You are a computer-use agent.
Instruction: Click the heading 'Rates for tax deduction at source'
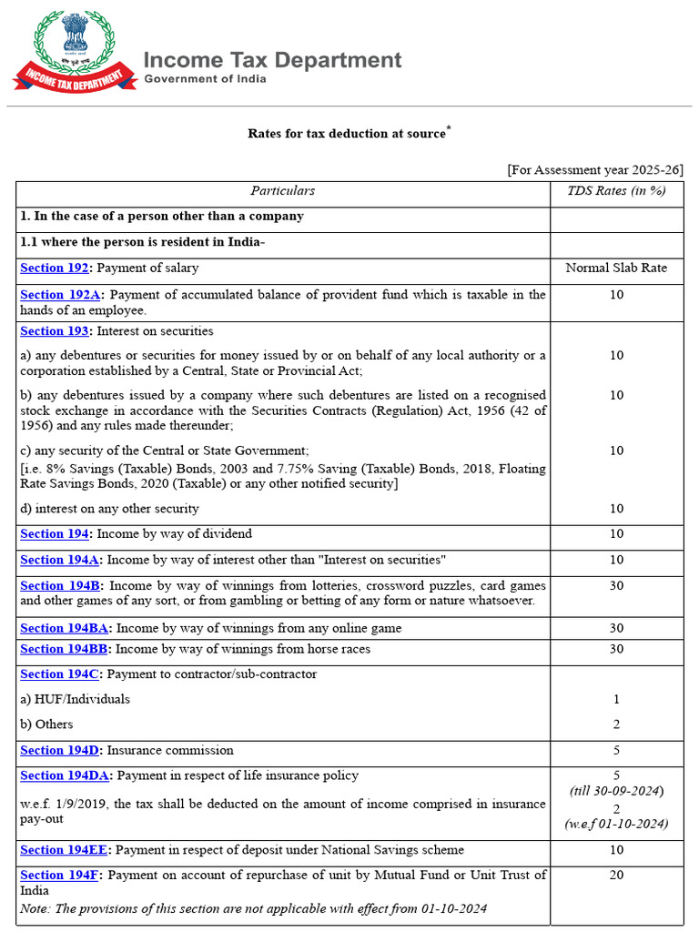pos(347,134)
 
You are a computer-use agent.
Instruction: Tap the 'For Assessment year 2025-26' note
pos(595,170)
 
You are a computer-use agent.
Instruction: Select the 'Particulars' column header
pos(282,191)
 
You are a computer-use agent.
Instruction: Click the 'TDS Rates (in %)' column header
pos(616,191)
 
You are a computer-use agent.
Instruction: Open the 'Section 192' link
pos(55,268)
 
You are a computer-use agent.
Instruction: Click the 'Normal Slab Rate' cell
pos(616,268)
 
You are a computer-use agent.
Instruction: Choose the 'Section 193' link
pos(55,331)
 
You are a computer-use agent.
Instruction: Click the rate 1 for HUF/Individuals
pos(616,700)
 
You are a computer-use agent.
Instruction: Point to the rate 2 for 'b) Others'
pos(616,724)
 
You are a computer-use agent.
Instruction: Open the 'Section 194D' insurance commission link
pos(61,751)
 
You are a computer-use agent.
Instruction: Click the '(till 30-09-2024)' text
pos(616,790)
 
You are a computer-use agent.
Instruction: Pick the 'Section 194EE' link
pos(65,850)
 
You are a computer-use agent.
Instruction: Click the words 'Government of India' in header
pos(206,79)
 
